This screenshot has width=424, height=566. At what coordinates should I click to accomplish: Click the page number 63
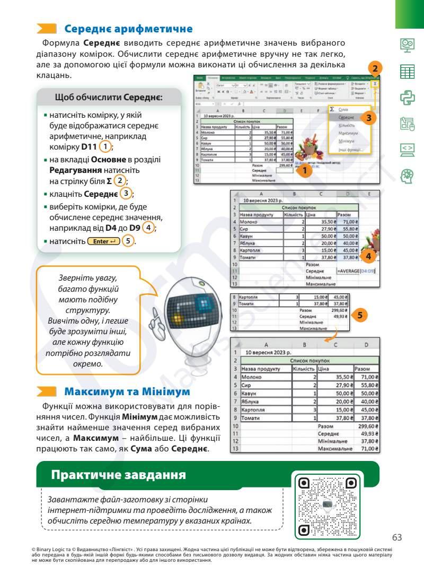pos(397,537)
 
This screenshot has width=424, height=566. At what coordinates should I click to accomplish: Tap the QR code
pos(328,506)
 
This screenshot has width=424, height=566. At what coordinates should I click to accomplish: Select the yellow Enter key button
pos(104,241)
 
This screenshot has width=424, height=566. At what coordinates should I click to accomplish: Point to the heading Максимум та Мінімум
pos(127,392)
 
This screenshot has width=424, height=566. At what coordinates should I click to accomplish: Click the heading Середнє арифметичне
pos(128,29)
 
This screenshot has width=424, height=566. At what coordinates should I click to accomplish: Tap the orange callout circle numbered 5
pos(359,315)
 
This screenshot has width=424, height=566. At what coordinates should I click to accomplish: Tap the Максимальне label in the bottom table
pos(334,448)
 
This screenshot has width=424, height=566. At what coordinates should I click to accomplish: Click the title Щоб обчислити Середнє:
pos(109,98)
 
